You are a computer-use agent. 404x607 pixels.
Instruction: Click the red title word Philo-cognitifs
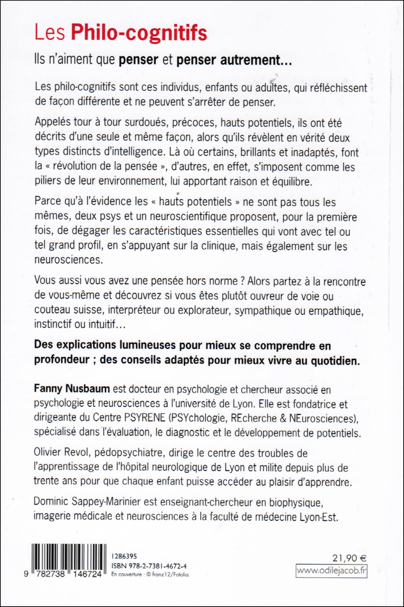139,33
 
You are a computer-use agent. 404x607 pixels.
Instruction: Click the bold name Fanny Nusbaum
72,388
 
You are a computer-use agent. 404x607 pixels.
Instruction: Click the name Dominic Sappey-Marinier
87,501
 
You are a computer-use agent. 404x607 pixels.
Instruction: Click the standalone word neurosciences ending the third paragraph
68,260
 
